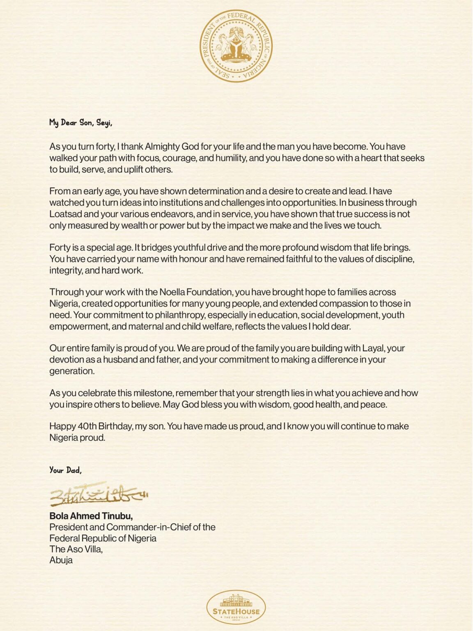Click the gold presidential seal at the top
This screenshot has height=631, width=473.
tap(236, 46)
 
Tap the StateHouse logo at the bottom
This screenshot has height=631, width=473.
tap(236, 607)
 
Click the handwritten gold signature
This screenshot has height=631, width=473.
tap(98, 494)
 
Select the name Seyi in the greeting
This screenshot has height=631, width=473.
tap(104, 123)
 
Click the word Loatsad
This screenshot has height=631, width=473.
tap(66, 214)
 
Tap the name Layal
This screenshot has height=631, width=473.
tap(373, 348)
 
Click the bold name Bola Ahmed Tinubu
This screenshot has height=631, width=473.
tap(91, 516)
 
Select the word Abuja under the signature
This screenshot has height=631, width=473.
tap(61, 560)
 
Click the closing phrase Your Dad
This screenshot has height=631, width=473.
tap(65, 470)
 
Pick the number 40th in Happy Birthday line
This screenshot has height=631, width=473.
tap(87, 426)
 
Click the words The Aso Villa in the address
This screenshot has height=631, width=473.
tap(76, 549)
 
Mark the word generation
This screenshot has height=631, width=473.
tap(72, 371)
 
